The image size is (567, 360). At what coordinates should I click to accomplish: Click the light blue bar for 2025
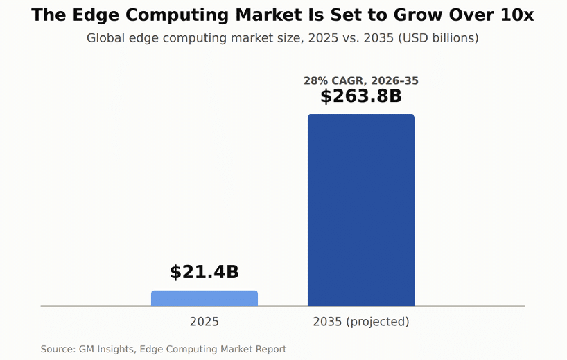pos(204,298)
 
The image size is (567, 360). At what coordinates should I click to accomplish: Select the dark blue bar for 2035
pos(361,210)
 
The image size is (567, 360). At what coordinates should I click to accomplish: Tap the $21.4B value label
pos(204,272)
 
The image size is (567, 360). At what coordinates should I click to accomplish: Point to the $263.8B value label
pos(361,96)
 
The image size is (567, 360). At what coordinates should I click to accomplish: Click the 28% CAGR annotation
pos(361,80)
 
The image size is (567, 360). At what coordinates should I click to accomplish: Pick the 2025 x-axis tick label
pos(204,322)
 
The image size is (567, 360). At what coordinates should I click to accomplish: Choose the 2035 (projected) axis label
pos(361,322)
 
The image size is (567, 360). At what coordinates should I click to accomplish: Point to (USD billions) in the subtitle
pos(438,38)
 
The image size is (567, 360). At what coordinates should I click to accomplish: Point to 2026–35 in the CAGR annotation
pos(395,80)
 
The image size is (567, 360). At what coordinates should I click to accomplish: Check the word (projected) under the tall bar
pos(378,322)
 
